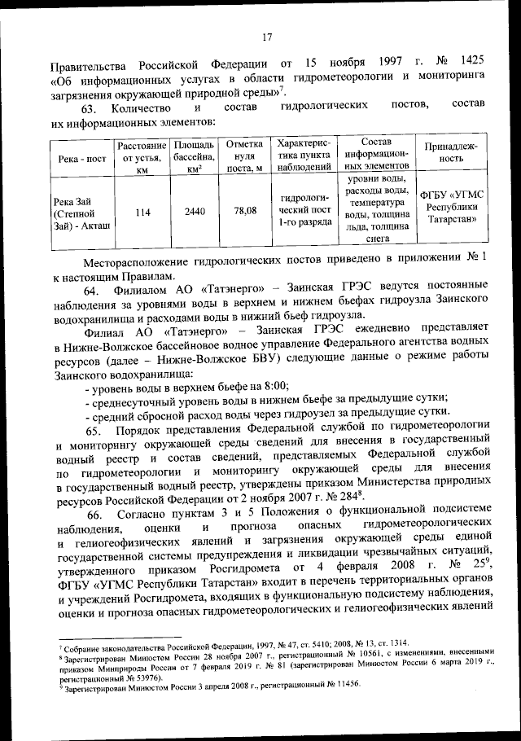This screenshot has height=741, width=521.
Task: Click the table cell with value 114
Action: (x=142, y=211)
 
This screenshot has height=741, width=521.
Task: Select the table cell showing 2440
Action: (x=194, y=211)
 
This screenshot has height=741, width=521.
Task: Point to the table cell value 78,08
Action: (x=245, y=211)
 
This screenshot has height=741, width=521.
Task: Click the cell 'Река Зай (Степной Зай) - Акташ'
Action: (x=81, y=211)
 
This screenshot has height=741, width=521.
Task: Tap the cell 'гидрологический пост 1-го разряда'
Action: (x=303, y=211)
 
